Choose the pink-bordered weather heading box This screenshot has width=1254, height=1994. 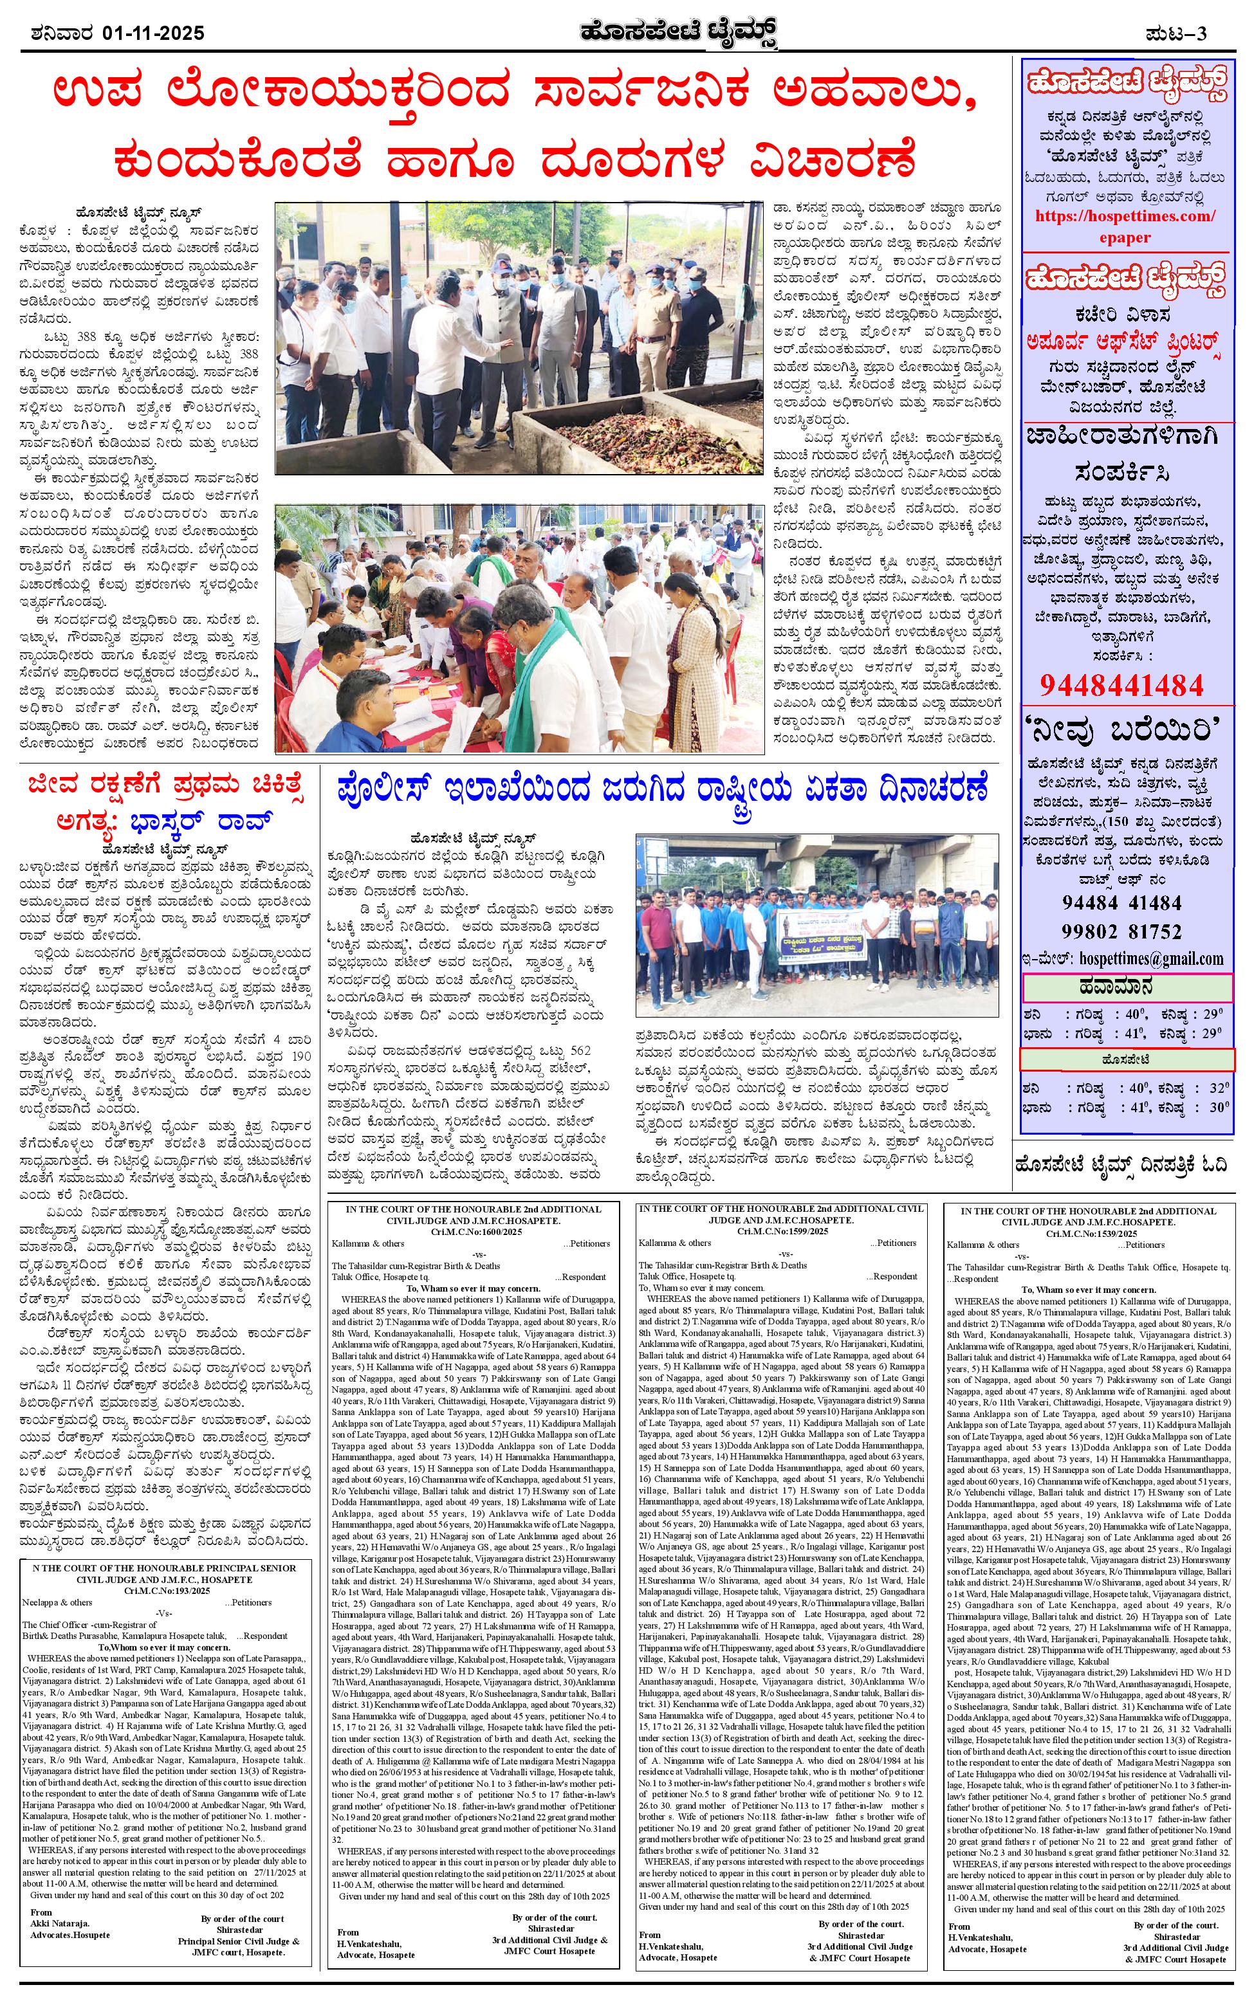point(1128,987)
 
